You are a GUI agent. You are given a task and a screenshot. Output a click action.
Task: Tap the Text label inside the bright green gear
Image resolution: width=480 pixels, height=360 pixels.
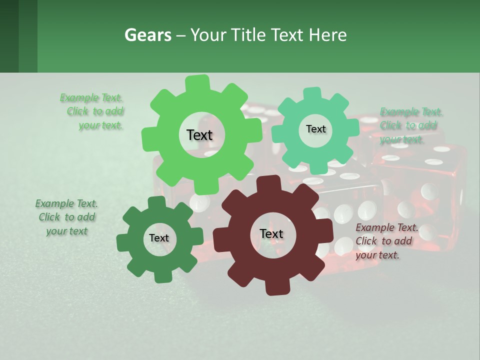pyautogui.click(x=199, y=135)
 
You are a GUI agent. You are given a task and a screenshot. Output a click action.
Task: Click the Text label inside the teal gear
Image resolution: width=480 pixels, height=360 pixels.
pyautogui.click(x=315, y=129)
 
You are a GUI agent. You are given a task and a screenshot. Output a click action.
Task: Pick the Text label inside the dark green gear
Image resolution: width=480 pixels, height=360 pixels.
pyautogui.click(x=159, y=238)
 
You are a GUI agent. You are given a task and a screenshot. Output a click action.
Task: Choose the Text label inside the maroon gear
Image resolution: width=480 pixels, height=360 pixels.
pyautogui.click(x=271, y=234)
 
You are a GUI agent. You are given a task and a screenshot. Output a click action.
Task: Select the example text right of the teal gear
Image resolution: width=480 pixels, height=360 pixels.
pyautogui.click(x=411, y=125)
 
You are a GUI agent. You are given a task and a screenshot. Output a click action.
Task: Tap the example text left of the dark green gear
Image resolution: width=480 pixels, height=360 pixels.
pyautogui.click(x=67, y=217)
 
